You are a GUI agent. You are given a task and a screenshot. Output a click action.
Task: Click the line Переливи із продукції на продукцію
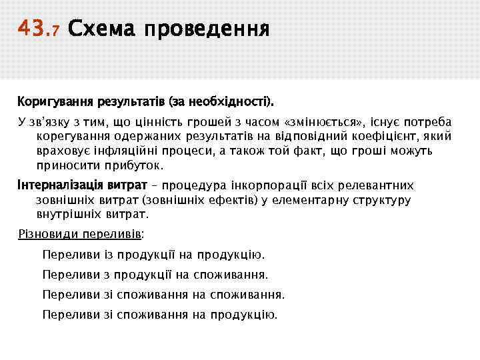point(153,255)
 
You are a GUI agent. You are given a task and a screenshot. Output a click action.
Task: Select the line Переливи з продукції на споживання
point(155,275)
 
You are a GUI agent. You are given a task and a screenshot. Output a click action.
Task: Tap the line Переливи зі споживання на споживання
point(163,295)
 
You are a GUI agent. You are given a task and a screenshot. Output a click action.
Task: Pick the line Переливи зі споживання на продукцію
point(160,315)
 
